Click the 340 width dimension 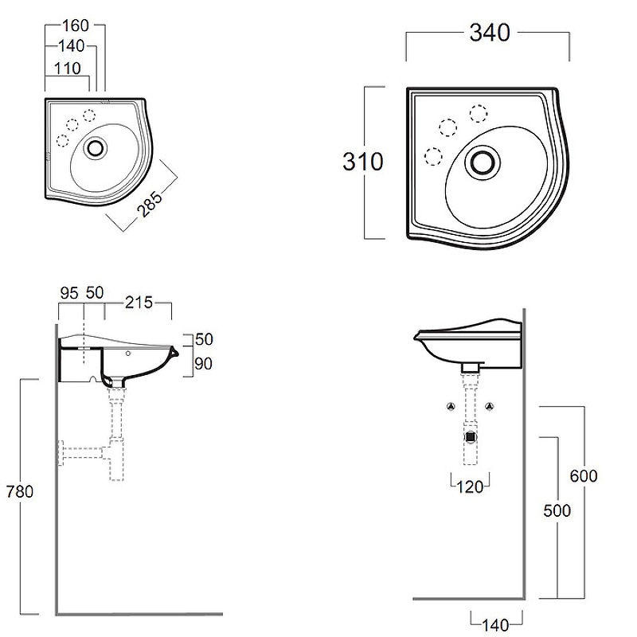490,33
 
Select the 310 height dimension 363,162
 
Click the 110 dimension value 68,68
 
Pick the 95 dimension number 69,293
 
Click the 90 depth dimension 205,363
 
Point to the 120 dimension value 470,487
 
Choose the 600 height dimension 583,476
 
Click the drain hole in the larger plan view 483,161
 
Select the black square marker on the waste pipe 471,436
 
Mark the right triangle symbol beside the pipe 490,406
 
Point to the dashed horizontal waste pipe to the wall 84,454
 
